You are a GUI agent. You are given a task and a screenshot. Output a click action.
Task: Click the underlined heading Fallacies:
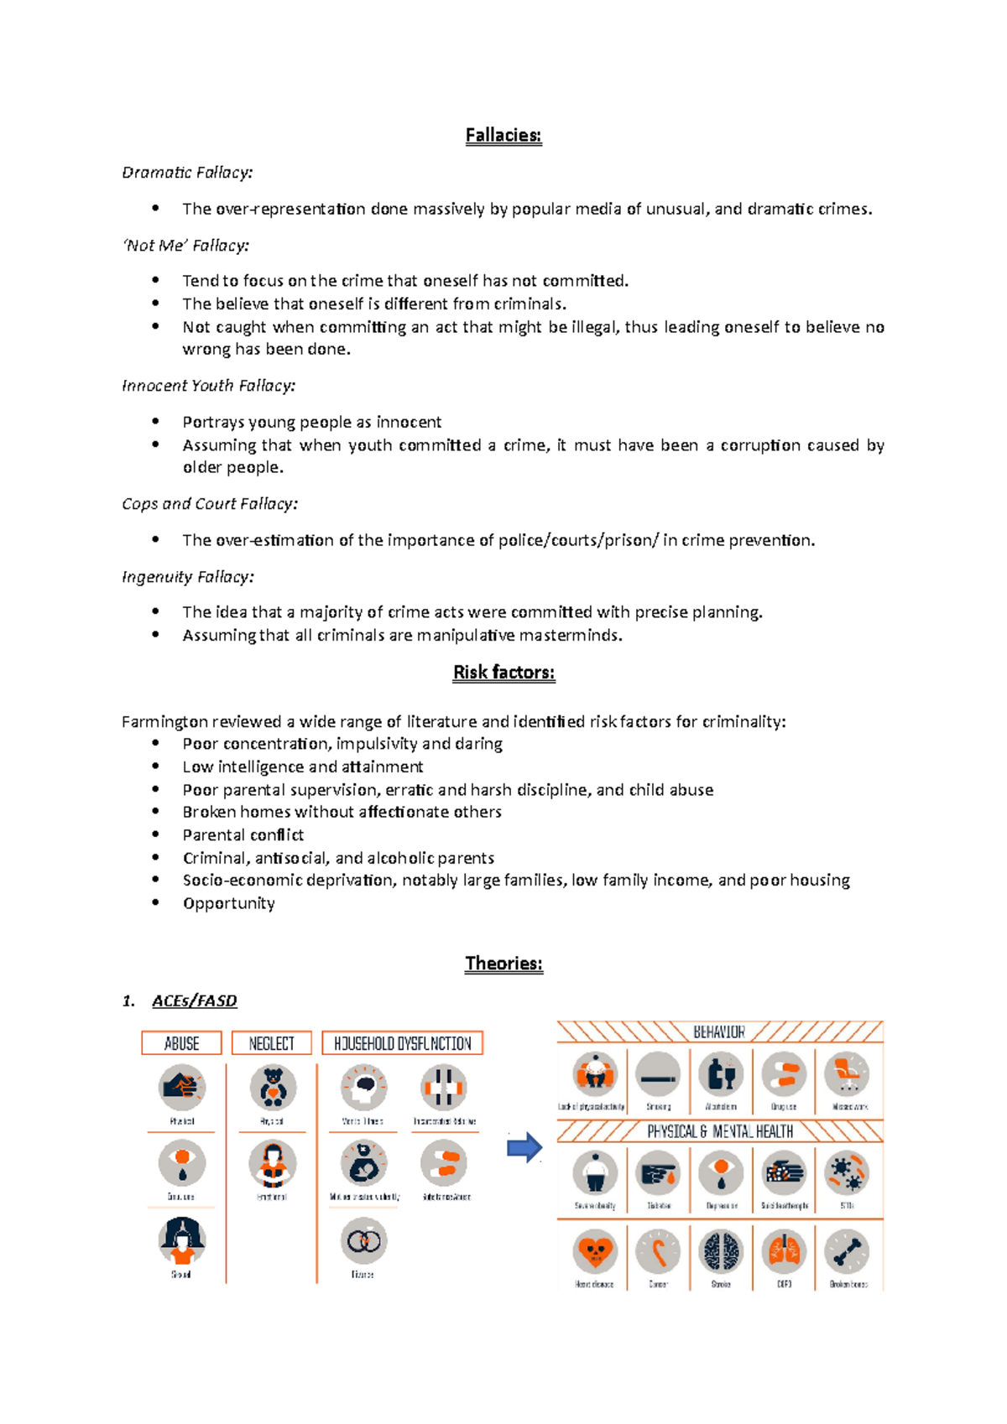pyautogui.click(x=503, y=136)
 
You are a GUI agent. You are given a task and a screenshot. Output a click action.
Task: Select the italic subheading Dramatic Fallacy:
pyautogui.click(x=187, y=173)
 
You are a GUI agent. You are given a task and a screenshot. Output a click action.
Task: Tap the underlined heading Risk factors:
pyautogui.click(x=503, y=673)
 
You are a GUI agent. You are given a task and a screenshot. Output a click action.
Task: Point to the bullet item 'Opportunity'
pyautogui.click(x=228, y=904)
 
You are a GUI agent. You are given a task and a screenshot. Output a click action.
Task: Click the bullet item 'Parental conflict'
pyautogui.click(x=243, y=835)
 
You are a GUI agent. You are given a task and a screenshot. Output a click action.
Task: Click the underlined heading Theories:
pyautogui.click(x=503, y=964)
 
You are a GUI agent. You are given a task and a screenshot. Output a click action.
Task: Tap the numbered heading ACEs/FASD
pyautogui.click(x=194, y=1001)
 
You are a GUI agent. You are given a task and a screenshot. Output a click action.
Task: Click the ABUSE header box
pyautogui.click(x=181, y=1043)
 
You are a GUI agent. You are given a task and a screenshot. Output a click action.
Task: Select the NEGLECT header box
pyautogui.click(x=272, y=1043)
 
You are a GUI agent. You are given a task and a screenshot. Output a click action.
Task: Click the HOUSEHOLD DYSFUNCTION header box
pyautogui.click(x=403, y=1043)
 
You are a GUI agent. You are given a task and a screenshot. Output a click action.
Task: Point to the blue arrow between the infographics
pyautogui.click(x=524, y=1147)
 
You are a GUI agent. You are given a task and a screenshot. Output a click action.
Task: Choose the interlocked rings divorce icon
pyautogui.click(x=363, y=1240)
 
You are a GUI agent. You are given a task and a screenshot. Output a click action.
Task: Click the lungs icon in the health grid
pyautogui.click(x=784, y=1252)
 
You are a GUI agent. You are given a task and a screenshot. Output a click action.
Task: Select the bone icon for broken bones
pyautogui.click(x=848, y=1252)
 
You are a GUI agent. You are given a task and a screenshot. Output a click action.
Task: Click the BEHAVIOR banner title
pyautogui.click(x=719, y=1032)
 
